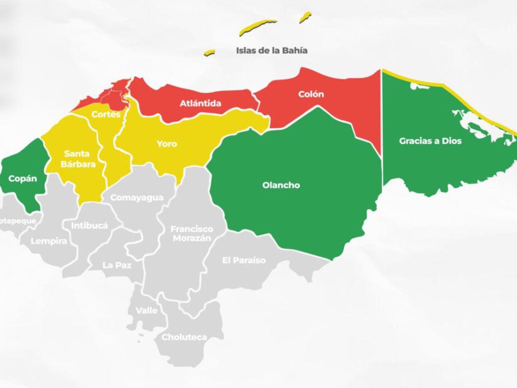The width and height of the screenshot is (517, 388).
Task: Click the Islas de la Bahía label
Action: pyautogui.click(x=272, y=51)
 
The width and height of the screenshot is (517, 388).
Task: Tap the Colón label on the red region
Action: pyautogui.click(x=311, y=94)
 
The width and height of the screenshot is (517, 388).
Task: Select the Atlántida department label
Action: pyautogui.click(x=200, y=103)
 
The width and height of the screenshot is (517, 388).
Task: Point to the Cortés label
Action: pyautogui.click(x=106, y=114)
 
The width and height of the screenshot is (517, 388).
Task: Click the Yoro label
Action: pyautogui.click(x=167, y=144)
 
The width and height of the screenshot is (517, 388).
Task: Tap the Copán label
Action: pyautogui.click(x=23, y=179)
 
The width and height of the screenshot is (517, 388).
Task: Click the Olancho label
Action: pyautogui.click(x=281, y=185)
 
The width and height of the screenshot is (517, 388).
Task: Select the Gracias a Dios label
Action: pyautogui.click(x=430, y=141)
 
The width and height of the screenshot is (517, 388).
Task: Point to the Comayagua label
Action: pyautogui.click(x=137, y=197)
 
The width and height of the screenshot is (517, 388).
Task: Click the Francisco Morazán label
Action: pyautogui.click(x=192, y=233)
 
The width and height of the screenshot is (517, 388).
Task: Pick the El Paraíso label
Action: pyautogui.click(x=244, y=260)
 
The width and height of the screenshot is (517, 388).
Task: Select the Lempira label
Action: pyautogui.click(x=49, y=241)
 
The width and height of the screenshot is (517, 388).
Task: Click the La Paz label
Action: pyautogui.click(x=117, y=265)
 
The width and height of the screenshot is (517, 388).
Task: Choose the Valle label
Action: pyautogui.click(x=146, y=310)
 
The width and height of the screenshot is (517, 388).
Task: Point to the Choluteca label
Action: pyautogui.click(x=184, y=337)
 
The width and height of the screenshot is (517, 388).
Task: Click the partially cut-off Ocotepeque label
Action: pyautogui.click(x=18, y=221)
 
